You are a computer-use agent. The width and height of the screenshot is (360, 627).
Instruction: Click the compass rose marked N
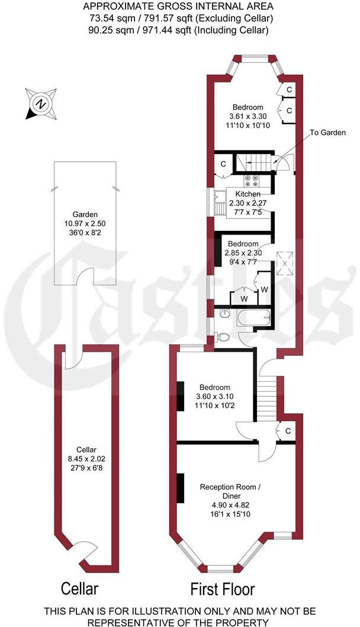pos(41,104)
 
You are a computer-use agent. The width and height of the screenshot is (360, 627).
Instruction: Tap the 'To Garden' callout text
pos(327,133)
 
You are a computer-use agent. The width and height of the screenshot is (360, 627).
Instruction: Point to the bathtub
pos(253,318)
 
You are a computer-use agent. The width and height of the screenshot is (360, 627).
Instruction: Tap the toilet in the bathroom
pos(223,336)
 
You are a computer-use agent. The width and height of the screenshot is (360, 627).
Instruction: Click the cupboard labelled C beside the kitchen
pos(224,165)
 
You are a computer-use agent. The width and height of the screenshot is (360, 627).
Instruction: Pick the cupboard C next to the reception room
pos(287,431)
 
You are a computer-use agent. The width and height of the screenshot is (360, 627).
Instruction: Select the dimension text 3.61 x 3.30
pos(247,116)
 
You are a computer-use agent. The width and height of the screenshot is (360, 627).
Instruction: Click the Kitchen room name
pos(247,194)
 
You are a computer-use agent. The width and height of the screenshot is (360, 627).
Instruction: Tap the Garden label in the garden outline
pos(85,215)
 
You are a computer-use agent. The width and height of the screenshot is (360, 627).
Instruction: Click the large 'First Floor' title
pos(222,589)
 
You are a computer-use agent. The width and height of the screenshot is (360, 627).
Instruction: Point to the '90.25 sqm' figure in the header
pos(108,30)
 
